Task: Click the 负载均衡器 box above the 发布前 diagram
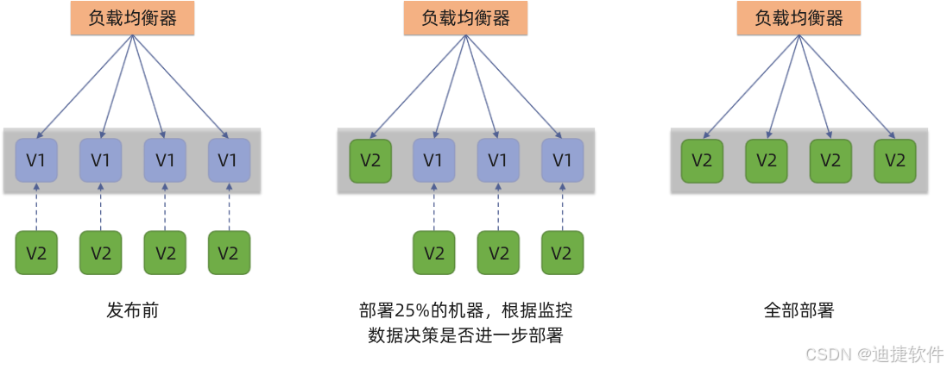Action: pyautogui.click(x=133, y=18)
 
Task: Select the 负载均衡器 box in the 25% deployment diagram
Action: pyautogui.click(x=465, y=18)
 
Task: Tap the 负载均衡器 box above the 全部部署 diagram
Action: pyautogui.click(x=799, y=18)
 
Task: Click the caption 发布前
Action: pyautogui.click(x=133, y=310)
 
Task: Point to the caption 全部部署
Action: pyautogui.click(x=799, y=310)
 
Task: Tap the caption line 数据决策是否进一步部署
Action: pyautogui.click(x=465, y=335)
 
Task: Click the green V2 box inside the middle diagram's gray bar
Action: pyautogui.click(x=370, y=160)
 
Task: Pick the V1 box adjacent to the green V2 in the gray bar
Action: pyautogui.click(x=434, y=160)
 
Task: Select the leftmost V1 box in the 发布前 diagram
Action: pyautogui.click(x=37, y=160)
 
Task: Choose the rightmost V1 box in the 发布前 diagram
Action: pyautogui.click(x=229, y=160)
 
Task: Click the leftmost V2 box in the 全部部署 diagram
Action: pyautogui.click(x=703, y=160)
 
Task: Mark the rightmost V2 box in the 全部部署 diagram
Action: pyautogui.click(x=894, y=160)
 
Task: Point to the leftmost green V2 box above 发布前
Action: pyautogui.click(x=37, y=253)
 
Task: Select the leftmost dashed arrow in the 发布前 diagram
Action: pyautogui.click(x=37, y=206)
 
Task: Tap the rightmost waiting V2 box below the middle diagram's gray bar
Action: pyautogui.click(x=562, y=253)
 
